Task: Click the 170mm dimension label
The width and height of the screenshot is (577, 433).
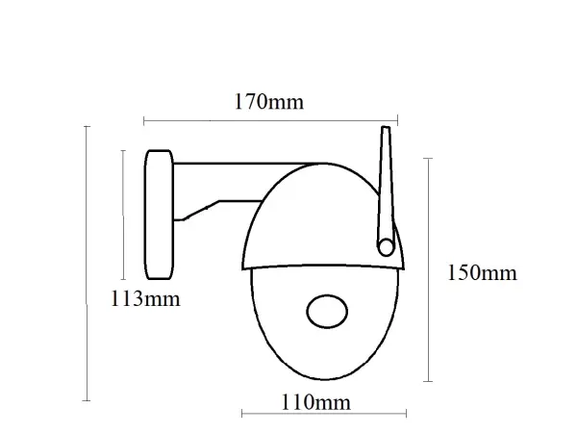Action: (269, 101)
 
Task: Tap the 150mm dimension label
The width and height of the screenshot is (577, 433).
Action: (482, 273)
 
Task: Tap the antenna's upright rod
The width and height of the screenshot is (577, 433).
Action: (386, 183)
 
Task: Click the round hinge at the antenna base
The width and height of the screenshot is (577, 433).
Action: (387, 245)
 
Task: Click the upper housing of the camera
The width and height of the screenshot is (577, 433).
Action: (308, 216)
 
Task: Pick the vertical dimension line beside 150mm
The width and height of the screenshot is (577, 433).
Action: (428, 269)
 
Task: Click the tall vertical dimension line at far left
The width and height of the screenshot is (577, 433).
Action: (88, 260)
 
